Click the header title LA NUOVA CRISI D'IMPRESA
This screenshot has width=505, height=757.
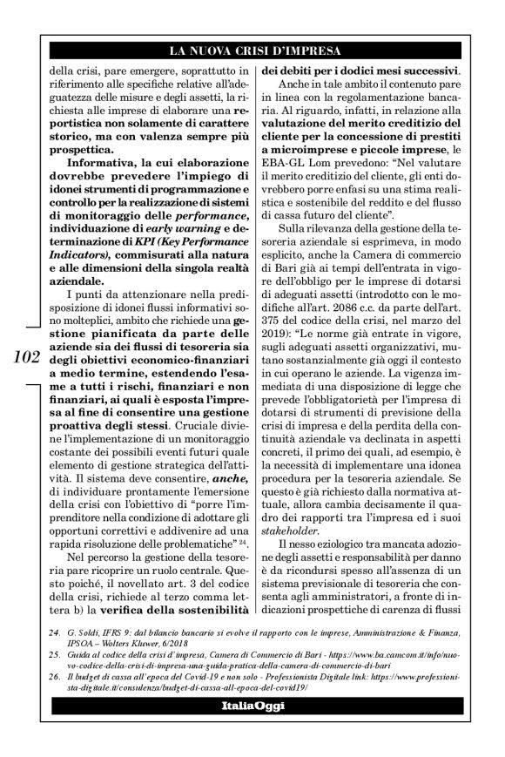click(x=252, y=49)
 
